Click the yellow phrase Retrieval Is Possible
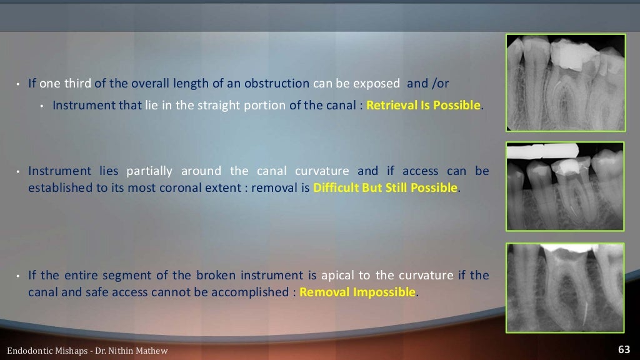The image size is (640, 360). (x=423, y=106)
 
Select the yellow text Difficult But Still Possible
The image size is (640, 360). (x=385, y=188)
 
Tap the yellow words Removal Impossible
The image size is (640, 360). (x=357, y=292)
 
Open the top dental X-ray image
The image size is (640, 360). (x=566, y=82)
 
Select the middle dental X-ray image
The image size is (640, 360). (x=566, y=186)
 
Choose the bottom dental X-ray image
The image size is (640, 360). (x=566, y=287)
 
